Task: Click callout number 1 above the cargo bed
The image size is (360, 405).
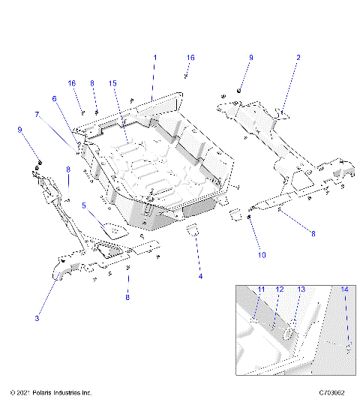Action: tap(155, 58)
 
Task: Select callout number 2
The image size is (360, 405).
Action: tap(298, 58)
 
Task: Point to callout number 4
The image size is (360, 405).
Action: tap(200, 277)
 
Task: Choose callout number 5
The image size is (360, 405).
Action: tap(85, 205)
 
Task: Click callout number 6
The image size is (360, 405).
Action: tap(54, 98)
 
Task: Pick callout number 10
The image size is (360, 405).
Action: tap(262, 255)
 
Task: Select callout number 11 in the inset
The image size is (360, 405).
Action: tap(262, 289)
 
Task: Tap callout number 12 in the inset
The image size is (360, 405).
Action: tap(279, 289)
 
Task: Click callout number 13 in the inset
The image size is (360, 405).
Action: tap(301, 289)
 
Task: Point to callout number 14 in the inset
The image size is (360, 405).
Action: tap(344, 289)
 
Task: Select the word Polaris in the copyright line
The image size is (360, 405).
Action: tap(43, 392)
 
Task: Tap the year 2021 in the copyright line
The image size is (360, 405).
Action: tap(21, 392)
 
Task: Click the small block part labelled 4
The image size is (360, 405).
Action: tap(192, 229)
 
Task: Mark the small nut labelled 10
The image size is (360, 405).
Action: tap(248, 218)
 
